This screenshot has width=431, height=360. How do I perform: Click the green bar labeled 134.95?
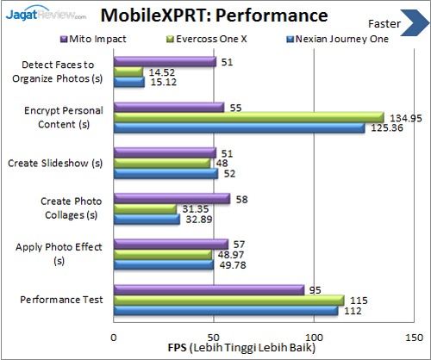tap(248, 117)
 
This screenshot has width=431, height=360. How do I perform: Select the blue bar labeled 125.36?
tap(239, 128)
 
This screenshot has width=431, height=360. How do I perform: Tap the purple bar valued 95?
tap(209, 289)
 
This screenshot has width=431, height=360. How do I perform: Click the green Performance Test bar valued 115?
tap(228, 300)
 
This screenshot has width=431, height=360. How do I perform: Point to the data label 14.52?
tap(161, 71)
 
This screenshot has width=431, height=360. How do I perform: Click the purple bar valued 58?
tap(172, 198)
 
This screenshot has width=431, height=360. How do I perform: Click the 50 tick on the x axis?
tap(214, 337)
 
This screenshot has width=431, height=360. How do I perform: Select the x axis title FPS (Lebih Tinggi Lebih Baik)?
tap(247, 348)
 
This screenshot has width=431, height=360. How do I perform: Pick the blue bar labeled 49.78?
tap(163, 264)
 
